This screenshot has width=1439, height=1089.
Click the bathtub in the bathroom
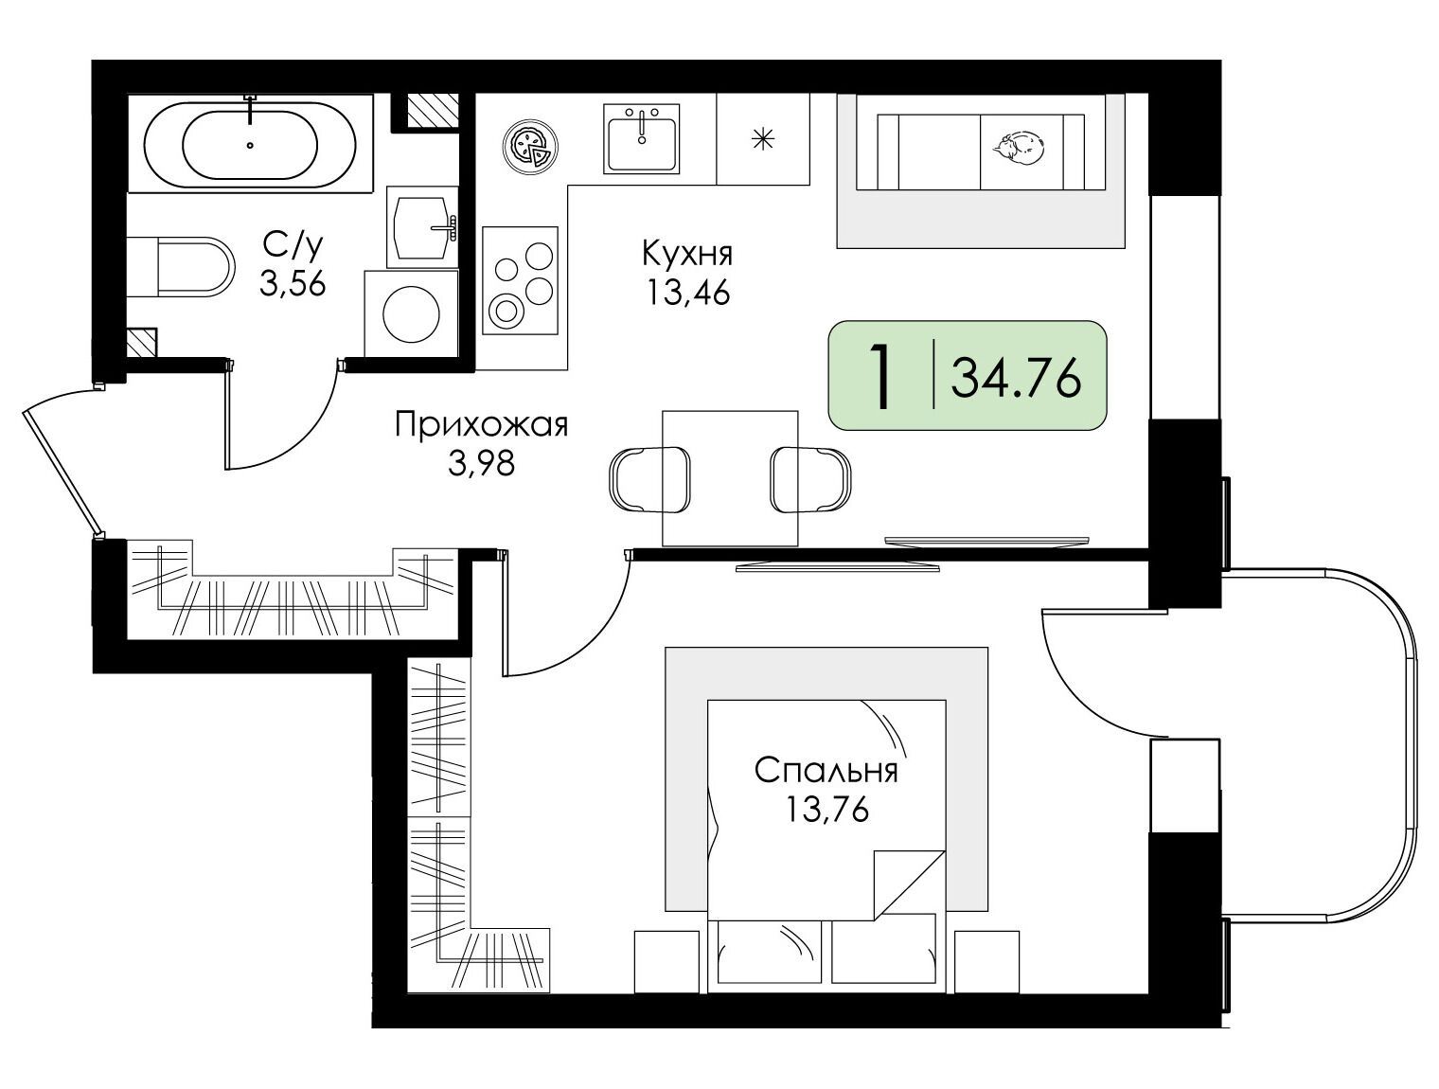(x=250, y=143)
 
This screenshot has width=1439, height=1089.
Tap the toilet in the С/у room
(x=181, y=267)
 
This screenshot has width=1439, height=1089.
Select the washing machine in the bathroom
(x=411, y=313)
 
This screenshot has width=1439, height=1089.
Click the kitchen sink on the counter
(x=641, y=138)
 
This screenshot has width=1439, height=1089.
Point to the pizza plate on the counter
(x=531, y=148)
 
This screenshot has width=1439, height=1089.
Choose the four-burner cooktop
(x=520, y=280)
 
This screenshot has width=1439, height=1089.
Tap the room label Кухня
(x=687, y=253)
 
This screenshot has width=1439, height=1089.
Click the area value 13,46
(x=688, y=293)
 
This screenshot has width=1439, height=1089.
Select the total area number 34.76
(x=1016, y=379)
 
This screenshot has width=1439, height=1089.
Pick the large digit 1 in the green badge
(x=880, y=378)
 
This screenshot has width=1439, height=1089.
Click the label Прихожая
(x=482, y=425)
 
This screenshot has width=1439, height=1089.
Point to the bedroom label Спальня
(x=826, y=771)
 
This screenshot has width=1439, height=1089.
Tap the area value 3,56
(x=293, y=284)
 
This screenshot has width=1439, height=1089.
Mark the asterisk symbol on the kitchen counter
(x=763, y=138)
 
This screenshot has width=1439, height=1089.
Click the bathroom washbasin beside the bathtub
(x=422, y=227)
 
